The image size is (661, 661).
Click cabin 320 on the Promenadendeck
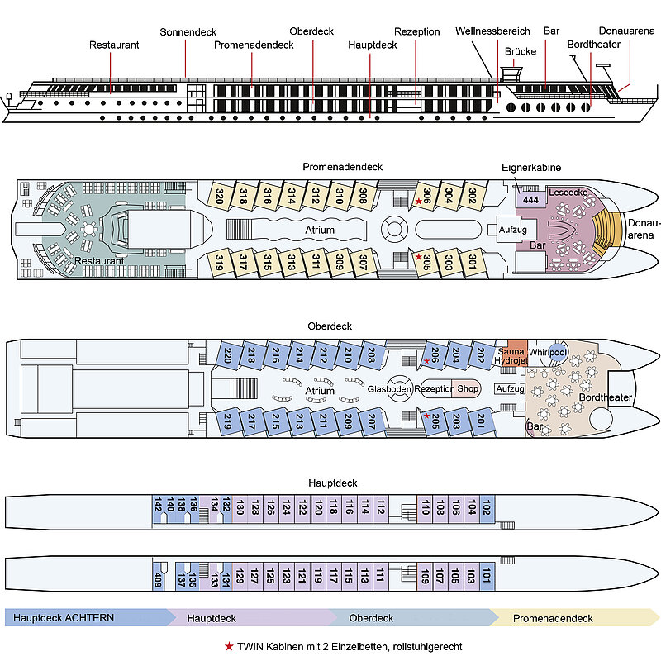point(220,197)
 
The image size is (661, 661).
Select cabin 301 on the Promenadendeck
point(472,262)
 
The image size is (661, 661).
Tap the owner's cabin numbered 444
point(530,198)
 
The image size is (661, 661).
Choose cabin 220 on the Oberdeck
point(228,356)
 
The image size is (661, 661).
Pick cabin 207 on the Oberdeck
point(372,424)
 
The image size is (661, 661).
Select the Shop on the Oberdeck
point(468,389)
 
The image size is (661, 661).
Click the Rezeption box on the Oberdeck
point(433,389)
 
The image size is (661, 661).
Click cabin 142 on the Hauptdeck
point(158,506)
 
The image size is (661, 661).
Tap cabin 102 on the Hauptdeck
point(487,506)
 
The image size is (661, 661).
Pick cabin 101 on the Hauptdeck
point(487,574)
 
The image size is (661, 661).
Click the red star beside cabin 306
point(419,202)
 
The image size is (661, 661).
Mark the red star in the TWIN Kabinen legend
point(229,646)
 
